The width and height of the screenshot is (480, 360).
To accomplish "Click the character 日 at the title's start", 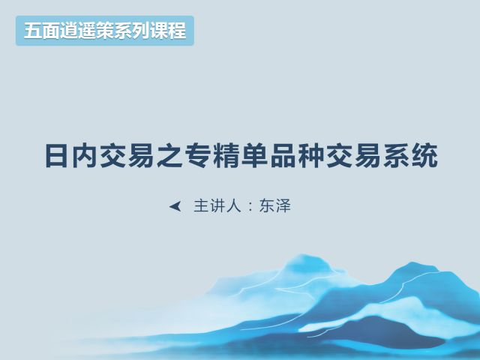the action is click(x=56, y=156).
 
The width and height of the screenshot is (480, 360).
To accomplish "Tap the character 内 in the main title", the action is click(x=84, y=156).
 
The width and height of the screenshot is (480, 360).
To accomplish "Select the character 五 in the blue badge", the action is click(x=32, y=31).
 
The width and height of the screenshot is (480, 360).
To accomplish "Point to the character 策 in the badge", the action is click(x=105, y=31).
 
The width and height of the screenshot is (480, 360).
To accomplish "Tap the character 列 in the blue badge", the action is click(x=141, y=31).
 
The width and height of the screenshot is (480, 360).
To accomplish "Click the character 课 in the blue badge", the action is click(x=159, y=31).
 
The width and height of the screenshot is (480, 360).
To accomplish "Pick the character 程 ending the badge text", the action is click(x=178, y=31).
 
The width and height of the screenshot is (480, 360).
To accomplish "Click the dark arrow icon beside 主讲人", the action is click(x=175, y=206).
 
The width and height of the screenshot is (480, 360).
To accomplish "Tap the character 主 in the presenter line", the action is click(x=201, y=205).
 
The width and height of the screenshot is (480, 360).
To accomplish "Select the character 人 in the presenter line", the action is click(x=233, y=205).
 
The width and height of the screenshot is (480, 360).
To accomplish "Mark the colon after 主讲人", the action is click(x=250, y=207).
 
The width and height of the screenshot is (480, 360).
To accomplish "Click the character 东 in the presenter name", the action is click(x=267, y=205).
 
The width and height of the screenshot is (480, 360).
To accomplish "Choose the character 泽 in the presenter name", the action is click(x=283, y=205).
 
